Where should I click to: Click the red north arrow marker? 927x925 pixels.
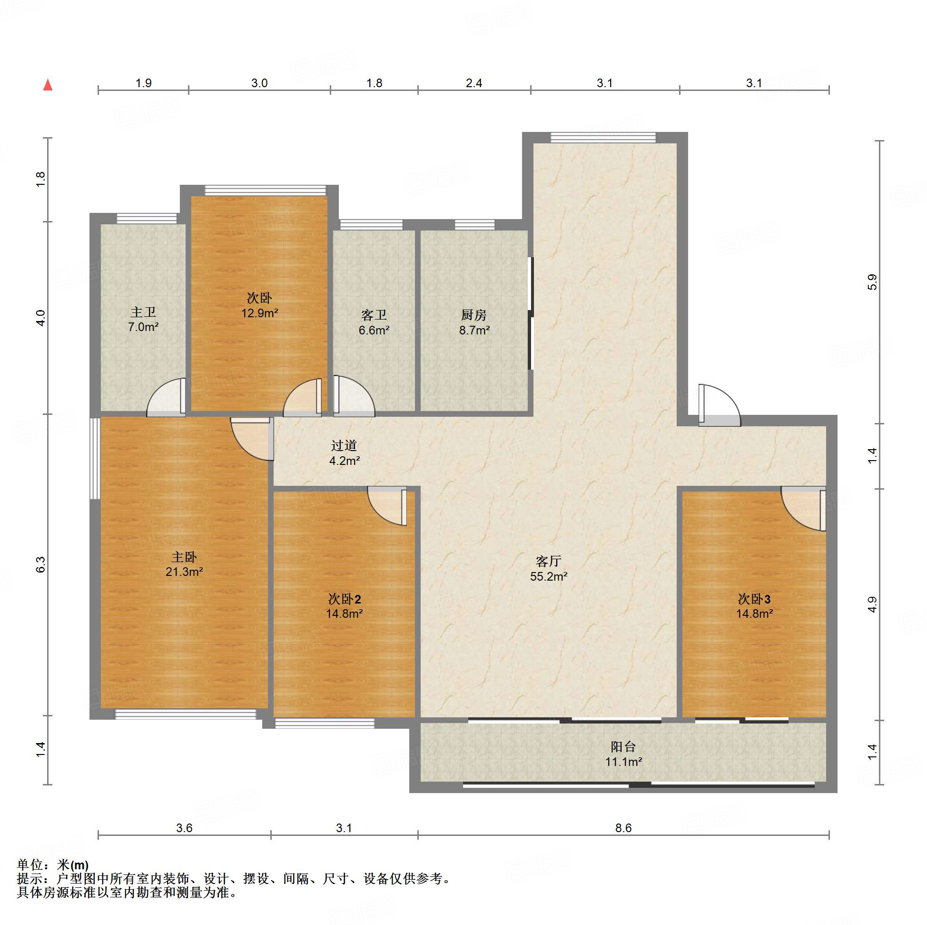click(x=48, y=85)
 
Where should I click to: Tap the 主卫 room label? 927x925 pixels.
click(x=143, y=312)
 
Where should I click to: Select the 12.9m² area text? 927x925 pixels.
click(x=259, y=313)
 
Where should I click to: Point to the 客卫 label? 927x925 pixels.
click(x=374, y=315)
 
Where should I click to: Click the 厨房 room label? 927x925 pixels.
click(x=474, y=315)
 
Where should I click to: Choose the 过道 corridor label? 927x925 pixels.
click(x=344, y=446)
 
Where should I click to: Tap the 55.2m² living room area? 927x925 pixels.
click(x=548, y=576)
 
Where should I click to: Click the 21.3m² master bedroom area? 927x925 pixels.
click(x=184, y=572)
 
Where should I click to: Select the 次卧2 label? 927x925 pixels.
click(x=344, y=599)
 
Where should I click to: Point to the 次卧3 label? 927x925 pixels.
click(x=754, y=599)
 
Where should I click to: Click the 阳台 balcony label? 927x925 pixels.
click(x=623, y=746)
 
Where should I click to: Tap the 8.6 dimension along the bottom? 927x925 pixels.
click(x=623, y=827)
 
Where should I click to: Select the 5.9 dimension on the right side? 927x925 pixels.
click(x=872, y=282)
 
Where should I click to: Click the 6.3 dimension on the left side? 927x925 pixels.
click(x=40, y=565)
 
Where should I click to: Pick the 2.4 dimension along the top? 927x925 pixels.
click(x=473, y=83)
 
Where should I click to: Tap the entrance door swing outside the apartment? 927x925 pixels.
click(x=720, y=405)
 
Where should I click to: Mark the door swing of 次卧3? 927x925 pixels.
click(x=803, y=509)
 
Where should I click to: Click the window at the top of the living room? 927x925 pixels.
click(x=603, y=138)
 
